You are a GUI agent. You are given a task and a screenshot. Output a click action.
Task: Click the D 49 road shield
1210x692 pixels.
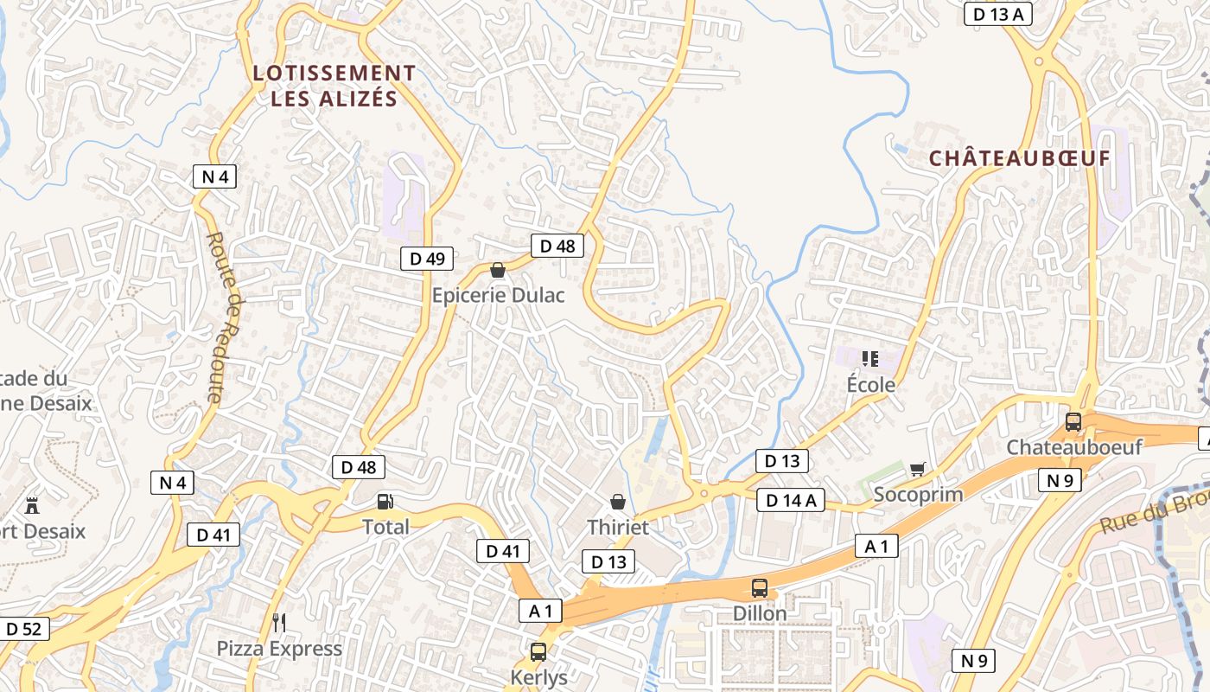tap(427, 258)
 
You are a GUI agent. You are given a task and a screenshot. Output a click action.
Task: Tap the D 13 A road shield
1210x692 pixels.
tap(998, 14)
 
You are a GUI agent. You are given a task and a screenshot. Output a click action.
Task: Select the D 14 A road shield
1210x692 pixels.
tap(791, 500)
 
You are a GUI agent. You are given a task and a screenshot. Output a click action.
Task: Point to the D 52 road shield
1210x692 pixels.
tap(23, 629)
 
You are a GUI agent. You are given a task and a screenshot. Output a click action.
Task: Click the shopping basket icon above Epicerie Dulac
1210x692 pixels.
tap(498, 271)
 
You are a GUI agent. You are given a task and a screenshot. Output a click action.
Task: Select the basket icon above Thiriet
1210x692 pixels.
tap(618, 502)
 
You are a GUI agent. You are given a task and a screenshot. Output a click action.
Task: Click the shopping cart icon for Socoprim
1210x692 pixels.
tap(918, 470)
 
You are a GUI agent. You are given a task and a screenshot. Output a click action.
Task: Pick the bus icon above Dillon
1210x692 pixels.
tap(760, 588)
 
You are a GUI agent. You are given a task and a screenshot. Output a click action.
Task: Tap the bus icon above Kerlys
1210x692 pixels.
tap(538, 652)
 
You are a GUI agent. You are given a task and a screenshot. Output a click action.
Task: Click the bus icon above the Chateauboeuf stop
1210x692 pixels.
tap(1073, 423)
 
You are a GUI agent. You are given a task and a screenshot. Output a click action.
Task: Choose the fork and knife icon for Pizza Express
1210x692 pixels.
tap(278, 623)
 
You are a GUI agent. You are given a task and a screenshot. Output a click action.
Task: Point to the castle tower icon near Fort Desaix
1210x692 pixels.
tap(33, 504)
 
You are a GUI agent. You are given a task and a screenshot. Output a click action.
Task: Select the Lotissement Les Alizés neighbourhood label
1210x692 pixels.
tap(334, 86)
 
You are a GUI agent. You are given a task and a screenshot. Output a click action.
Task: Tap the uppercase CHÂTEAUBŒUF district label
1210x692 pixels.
tap(1019, 159)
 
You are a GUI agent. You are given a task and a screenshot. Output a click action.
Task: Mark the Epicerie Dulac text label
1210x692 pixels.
tap(499, 296)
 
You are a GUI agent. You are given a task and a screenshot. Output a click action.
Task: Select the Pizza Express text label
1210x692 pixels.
tap(279, 649)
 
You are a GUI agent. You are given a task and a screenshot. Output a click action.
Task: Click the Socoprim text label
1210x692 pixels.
tap(918, 495)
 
